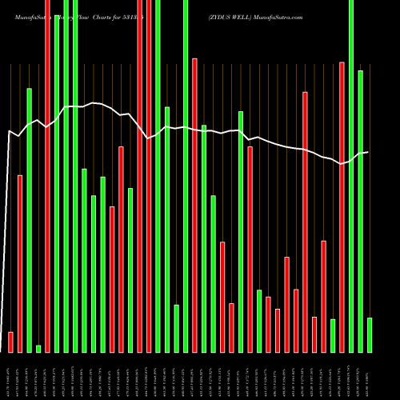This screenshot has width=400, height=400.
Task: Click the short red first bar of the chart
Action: tap(10, 342)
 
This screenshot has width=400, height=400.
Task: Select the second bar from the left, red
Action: tap(20, 263)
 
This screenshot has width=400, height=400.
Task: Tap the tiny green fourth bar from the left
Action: tap(38, 348)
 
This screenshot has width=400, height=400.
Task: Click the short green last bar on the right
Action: tap(370, 334)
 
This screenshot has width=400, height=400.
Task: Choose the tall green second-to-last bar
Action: tap(360, 211)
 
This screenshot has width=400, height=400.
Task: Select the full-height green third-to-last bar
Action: tap(351, 176)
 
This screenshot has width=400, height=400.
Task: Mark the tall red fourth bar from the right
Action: tap(342, 207)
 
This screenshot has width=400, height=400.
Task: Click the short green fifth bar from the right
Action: tap(333, 335)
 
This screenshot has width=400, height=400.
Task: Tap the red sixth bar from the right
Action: tap(323, 296)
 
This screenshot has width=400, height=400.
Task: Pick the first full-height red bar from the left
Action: tap(47, 176)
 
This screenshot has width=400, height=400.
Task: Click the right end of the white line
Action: tap(368, 152)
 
